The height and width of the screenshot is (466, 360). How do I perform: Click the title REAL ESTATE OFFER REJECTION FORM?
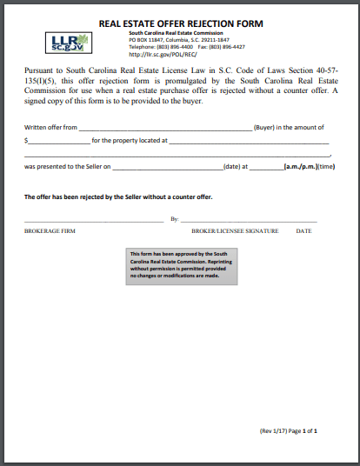[180, 23]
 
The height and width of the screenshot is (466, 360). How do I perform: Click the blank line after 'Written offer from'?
[165, 127]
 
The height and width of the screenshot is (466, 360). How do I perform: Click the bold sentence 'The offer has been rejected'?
[118, 196]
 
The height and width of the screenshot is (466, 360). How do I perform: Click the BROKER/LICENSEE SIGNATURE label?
[235, 231]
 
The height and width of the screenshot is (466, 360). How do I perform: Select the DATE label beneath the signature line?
[303, 231]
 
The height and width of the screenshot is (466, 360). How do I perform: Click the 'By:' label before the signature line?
[174, 219]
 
